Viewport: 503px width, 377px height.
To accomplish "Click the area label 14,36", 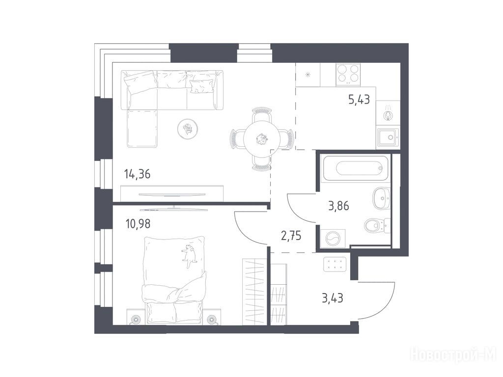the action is click(137, 175).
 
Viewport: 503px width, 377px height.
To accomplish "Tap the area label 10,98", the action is click(138, 224).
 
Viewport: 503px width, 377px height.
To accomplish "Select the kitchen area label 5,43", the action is click(359, 100).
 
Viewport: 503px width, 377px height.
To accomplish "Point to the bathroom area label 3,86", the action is click(338, 206).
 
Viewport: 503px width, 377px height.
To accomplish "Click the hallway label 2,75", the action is click(291, 236).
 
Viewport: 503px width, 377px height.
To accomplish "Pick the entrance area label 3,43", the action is click(333, 298).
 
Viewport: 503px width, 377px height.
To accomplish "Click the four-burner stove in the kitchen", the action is click(348, 75).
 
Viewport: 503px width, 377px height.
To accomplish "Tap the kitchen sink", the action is click(388, 137).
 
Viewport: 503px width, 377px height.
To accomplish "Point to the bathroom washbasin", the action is click(381, 198).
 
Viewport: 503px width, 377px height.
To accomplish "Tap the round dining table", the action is click(262, 139).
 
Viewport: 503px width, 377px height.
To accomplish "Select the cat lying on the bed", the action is click(189, 255).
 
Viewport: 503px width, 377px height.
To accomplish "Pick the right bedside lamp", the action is click(211, 320).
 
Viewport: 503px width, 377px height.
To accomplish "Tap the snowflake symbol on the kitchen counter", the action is click(307, 75).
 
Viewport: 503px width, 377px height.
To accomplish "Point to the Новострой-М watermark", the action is click(453, 354).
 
